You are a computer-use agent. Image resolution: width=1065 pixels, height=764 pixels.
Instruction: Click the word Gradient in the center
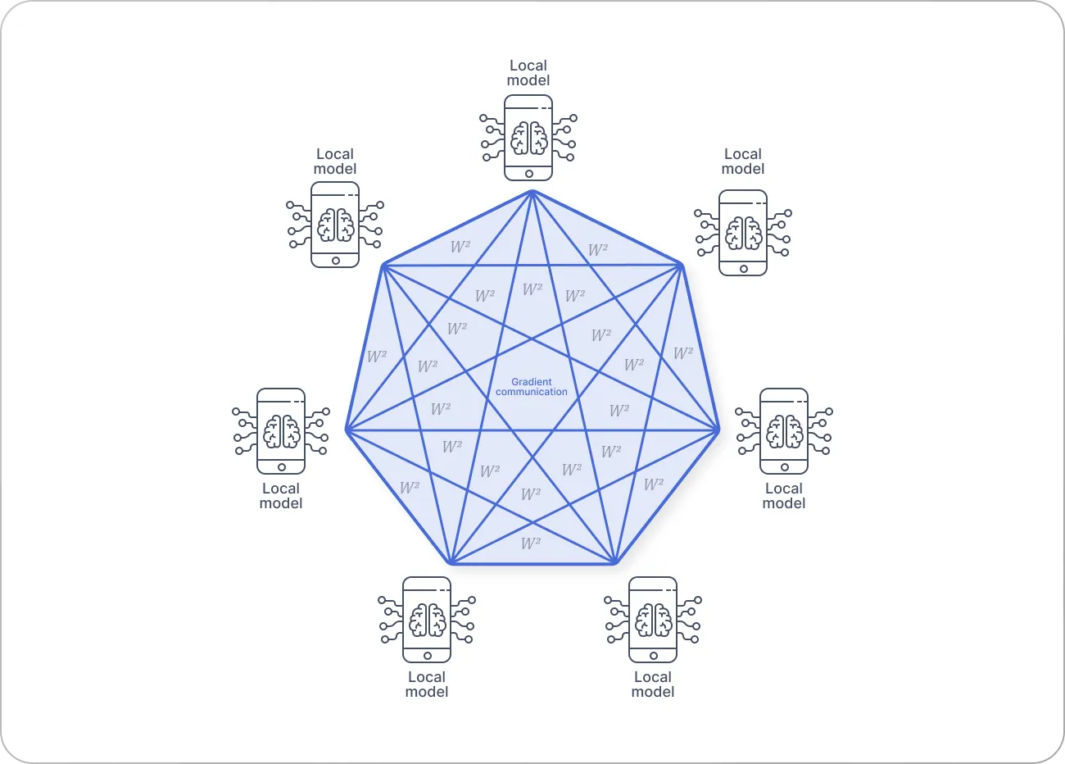532,382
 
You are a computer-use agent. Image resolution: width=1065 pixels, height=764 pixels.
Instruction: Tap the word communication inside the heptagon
532,392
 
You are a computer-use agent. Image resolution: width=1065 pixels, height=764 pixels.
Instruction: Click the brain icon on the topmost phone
528,138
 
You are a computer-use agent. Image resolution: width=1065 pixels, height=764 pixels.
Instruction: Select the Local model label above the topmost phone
528,73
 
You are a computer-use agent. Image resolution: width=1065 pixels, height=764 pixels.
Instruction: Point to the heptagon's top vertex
532,191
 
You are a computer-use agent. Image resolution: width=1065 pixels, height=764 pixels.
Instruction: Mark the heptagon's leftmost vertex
347,430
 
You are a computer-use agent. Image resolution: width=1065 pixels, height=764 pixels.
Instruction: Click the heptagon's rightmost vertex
718,430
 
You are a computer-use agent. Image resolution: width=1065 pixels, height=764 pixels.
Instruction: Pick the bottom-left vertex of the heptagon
451,564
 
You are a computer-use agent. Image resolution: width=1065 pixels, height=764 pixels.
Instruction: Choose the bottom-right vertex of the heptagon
614,564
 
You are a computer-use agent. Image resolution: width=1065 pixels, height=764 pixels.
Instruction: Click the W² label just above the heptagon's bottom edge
531,543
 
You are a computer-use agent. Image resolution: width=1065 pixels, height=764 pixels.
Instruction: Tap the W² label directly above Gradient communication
532,289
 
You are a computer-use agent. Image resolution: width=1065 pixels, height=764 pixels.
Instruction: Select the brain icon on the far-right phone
784,431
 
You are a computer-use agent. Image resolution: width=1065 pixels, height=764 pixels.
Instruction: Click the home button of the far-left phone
281,467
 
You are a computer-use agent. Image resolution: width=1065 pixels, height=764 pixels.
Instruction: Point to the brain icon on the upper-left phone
335,225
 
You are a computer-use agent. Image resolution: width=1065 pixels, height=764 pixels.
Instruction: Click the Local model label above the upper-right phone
743,161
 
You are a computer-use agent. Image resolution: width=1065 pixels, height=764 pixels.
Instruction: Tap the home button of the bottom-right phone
653,656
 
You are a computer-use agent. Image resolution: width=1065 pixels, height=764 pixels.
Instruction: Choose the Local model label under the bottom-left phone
427,684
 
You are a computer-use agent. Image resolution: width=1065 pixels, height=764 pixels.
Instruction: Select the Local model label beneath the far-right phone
784,496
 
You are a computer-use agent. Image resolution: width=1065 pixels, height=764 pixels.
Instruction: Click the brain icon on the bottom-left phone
427,620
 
